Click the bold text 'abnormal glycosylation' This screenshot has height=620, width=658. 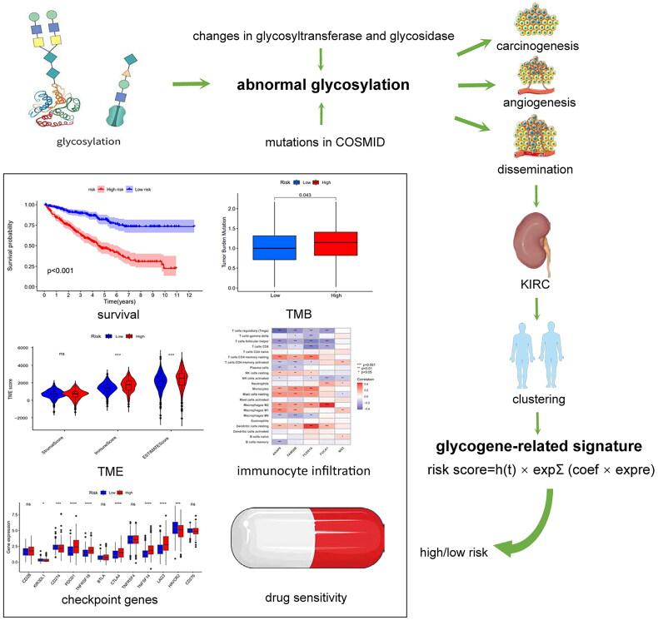322,84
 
